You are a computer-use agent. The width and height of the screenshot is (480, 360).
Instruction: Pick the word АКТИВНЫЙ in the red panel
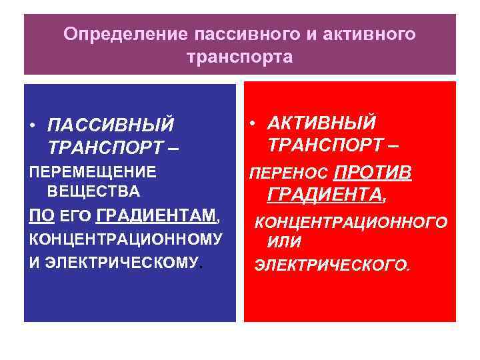321,123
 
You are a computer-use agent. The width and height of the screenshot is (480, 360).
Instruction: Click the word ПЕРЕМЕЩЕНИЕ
92,171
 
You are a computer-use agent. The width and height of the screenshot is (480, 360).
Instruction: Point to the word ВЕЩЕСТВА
93,192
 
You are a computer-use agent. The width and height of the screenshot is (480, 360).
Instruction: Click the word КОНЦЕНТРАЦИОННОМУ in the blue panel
125,239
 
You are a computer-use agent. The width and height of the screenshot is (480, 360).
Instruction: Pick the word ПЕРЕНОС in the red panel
288,174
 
